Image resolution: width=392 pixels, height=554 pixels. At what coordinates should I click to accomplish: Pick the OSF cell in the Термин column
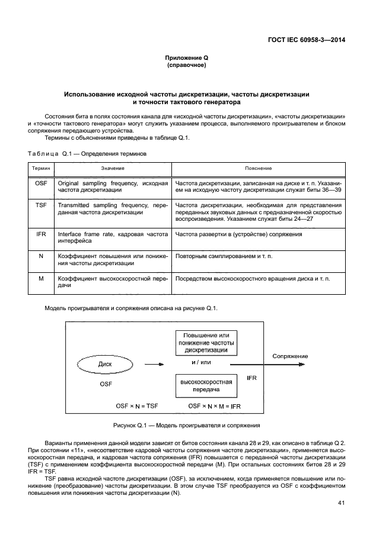[x=41, y=183]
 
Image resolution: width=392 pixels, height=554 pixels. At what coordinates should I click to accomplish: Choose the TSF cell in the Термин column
[x=41, y=204]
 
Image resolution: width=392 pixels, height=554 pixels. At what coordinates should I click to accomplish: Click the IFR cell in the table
[x=41, y=234]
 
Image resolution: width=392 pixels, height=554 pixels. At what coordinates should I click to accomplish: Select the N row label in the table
[x=41, y=256]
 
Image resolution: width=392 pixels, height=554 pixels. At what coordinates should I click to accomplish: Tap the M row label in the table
[x=41, y=277]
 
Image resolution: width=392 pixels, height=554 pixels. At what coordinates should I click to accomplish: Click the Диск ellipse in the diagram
[x=105, y=364]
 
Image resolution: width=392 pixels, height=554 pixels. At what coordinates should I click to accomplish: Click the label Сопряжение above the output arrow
[x=290, y=356]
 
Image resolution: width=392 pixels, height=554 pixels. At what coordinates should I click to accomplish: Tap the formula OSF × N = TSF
[x=136, y=406]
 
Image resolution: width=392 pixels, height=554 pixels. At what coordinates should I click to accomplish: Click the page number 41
[x=341, y=504]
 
